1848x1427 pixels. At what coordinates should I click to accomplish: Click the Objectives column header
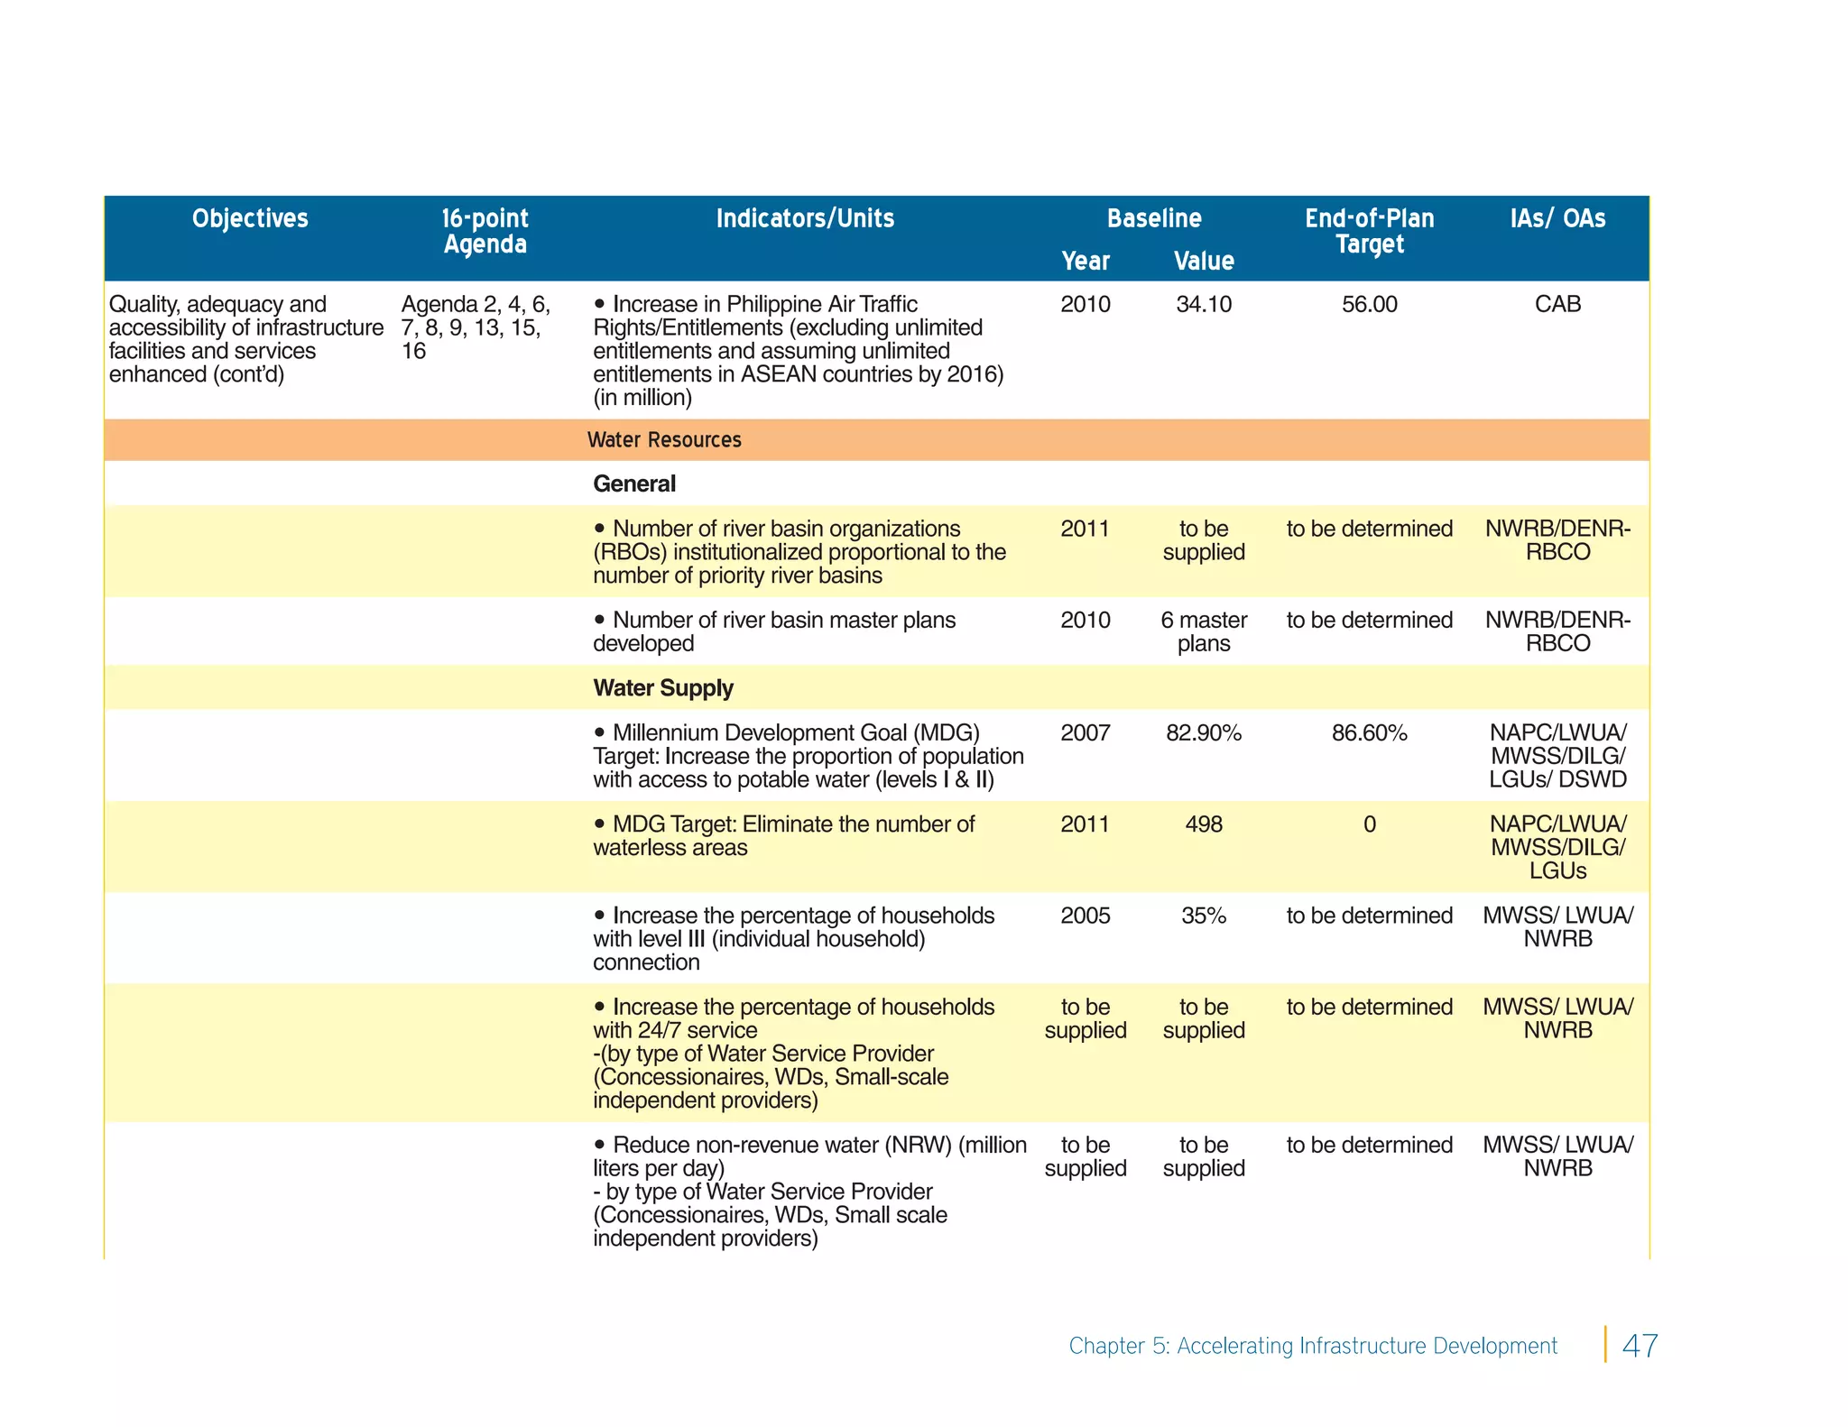click(x=250, y=218)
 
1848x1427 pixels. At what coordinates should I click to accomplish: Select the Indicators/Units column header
click(x=805, y=218)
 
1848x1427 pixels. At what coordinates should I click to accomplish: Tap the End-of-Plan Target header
click(x=1369, y=231)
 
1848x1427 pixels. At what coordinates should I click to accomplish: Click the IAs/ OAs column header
click(x=1557, y=218)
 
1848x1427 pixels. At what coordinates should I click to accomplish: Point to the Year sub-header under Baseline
click(x=1086, y=262)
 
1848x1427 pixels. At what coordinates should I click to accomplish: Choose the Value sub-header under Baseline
click(x=1204, y=262)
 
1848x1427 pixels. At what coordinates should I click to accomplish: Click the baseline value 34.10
click(x=1204, y=305)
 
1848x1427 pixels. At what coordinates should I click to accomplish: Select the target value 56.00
click(x=1369, y=305)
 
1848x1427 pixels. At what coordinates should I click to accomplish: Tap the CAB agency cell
click(x=1557, y=305)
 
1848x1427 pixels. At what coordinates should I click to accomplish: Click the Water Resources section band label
click(x=664, y=440)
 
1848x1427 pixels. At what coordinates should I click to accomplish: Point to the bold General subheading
click(x=634, y=484)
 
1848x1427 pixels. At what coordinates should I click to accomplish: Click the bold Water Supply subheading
click(x=663, y=688)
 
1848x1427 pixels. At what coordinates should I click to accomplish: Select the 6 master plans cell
click(x=1204, y=631)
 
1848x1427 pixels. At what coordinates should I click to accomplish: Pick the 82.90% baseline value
click(x=1204, y=733)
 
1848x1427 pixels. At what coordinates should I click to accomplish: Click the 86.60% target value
click(x=1369, y=733)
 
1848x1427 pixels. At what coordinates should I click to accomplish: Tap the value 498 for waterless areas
click(x=1204, y=824)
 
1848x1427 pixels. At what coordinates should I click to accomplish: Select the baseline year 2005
click(x=1086, y=916)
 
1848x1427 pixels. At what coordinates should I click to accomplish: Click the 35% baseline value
click(x=1204, y=916)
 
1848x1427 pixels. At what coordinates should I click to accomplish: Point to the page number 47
click(x=1640, y=1346)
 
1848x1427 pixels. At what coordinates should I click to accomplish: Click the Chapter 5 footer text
click(x=1313, y=1346)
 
